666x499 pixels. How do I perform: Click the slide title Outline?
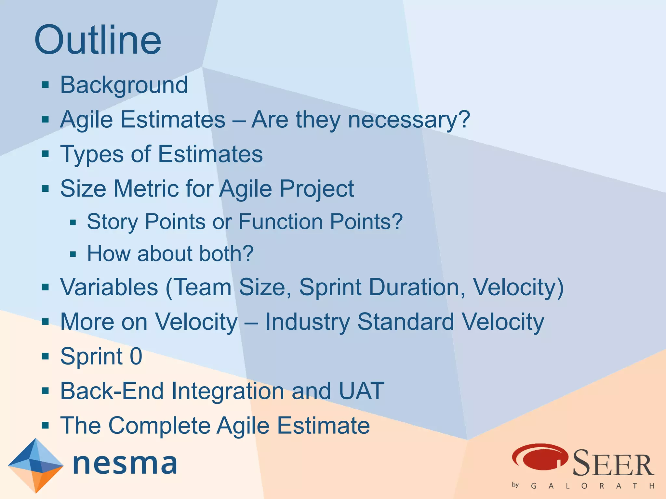point(98,40)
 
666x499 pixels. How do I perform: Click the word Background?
point(124,85)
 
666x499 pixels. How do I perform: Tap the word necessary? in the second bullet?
point(409,120)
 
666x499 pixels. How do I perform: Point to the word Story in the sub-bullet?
point(113,222)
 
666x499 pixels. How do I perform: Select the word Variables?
point(109,287)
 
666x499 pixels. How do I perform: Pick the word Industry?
point(307,322)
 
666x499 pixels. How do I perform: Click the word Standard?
point(406,322)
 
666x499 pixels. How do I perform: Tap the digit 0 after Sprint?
point(136,356)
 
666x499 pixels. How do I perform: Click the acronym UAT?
point(361,391)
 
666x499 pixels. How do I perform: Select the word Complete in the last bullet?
point(159,426)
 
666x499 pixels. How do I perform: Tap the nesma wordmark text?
point(125,464)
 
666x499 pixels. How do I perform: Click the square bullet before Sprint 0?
point(46,356)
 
